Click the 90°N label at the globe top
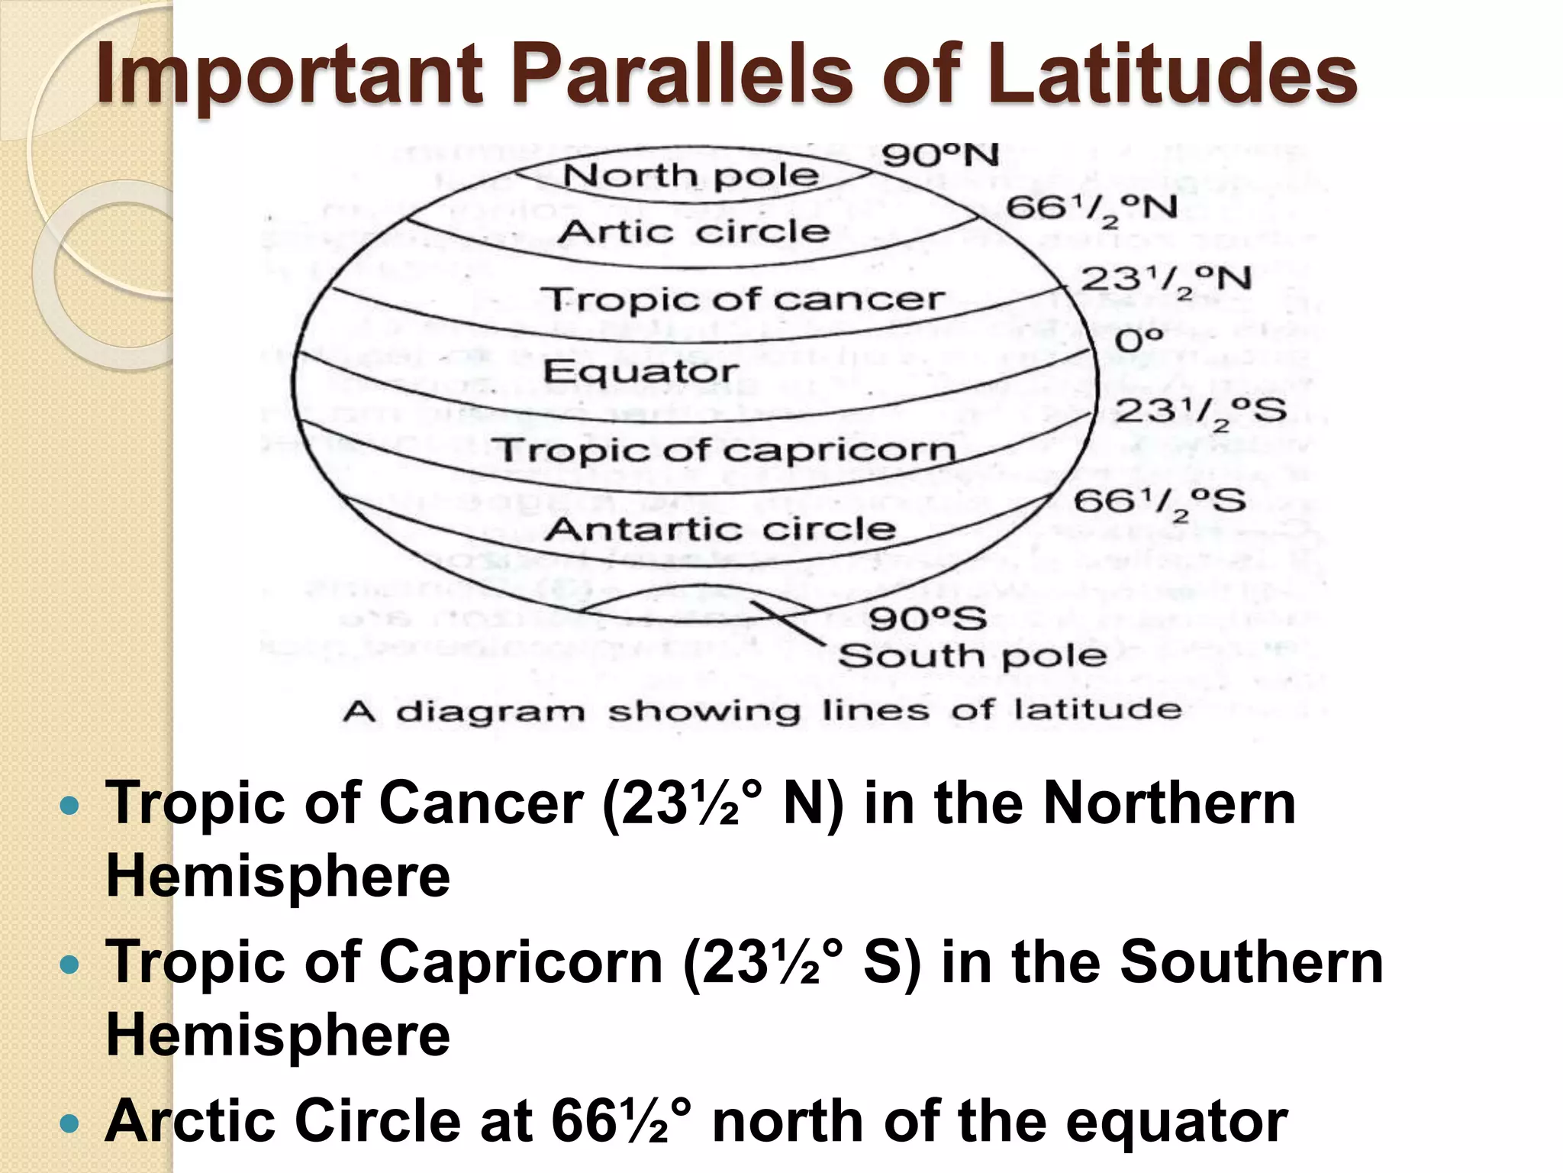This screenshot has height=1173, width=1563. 939,156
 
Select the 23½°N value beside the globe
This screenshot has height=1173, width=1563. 1165,280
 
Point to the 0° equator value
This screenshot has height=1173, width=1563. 1139,341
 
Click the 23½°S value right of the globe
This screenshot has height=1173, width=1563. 1200,412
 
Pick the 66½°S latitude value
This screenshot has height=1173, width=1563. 1159,502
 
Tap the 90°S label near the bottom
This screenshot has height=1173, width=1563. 927,619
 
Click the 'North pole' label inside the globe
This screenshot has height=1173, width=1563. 691,176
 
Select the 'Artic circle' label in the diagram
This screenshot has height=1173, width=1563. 693,231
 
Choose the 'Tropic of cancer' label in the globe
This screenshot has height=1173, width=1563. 743,299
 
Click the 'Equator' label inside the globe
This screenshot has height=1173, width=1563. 640,372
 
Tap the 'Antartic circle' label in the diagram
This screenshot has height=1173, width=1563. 720,528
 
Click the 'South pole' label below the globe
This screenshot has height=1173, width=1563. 972,656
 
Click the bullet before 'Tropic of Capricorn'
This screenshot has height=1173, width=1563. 69,965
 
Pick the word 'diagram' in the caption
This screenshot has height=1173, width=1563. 491,712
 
